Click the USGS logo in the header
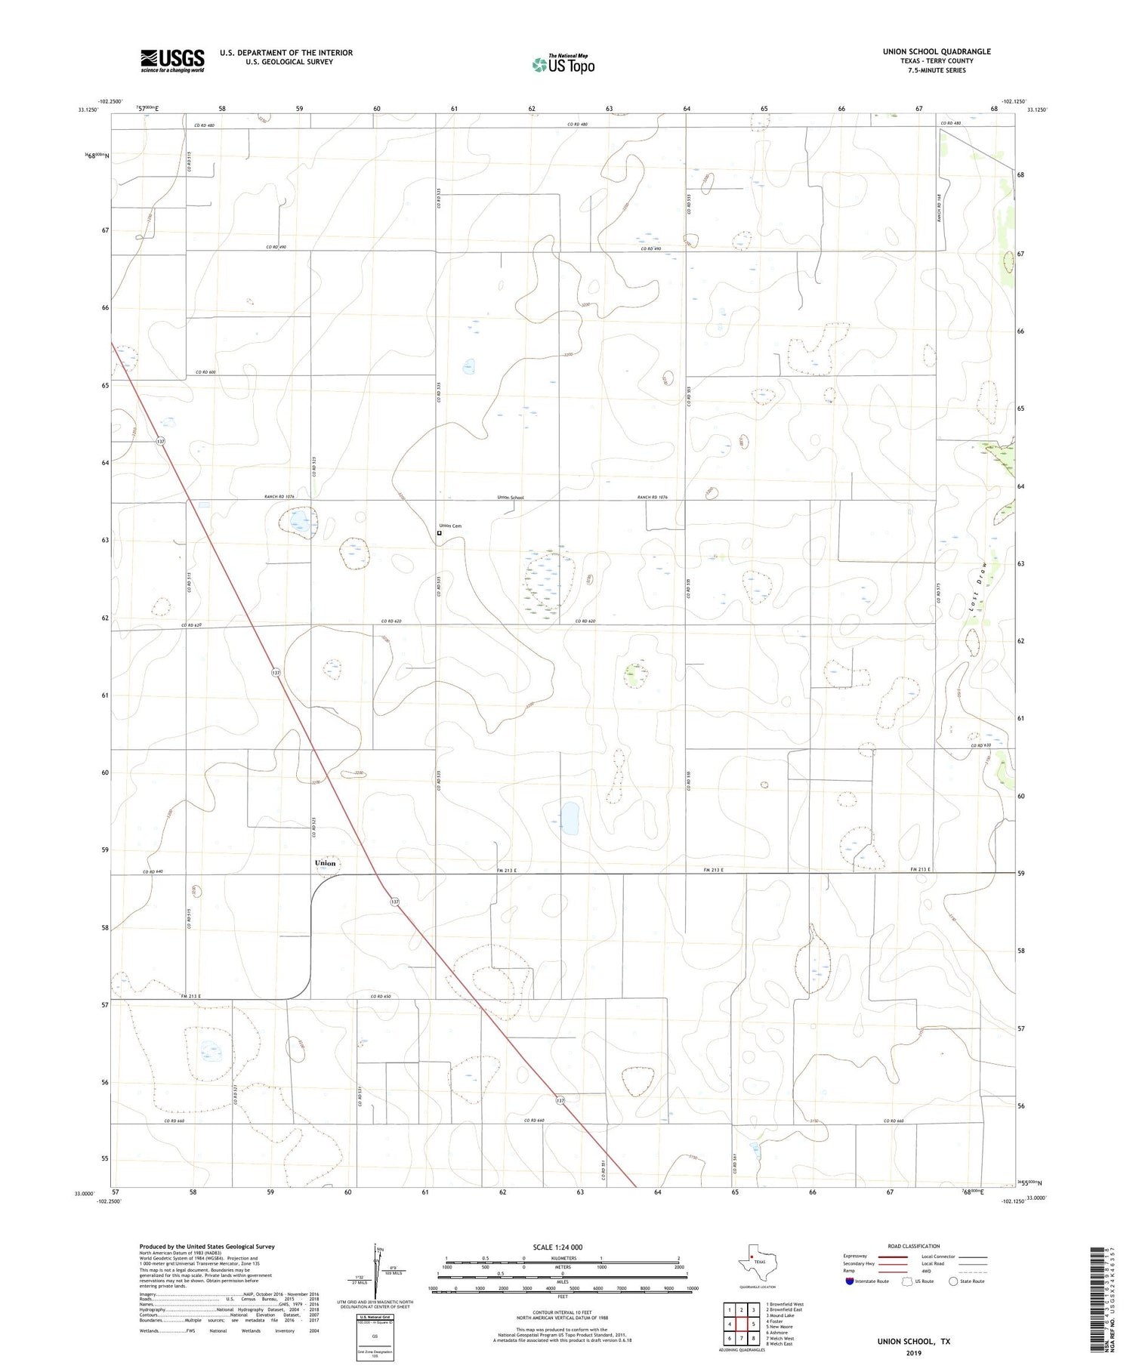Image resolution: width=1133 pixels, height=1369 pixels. (172, 60)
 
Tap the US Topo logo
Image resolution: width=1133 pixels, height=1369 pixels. (563, 65)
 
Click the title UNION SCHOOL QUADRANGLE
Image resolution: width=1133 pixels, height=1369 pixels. (937, 51)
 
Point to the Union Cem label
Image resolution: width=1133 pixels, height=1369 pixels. (450, 526)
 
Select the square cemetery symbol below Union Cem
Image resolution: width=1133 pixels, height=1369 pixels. (440, 533)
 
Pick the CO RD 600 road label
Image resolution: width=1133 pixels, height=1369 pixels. (205, 372)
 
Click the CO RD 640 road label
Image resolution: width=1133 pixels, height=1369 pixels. (153, 872)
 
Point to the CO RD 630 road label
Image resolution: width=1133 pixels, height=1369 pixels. (980, 745)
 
